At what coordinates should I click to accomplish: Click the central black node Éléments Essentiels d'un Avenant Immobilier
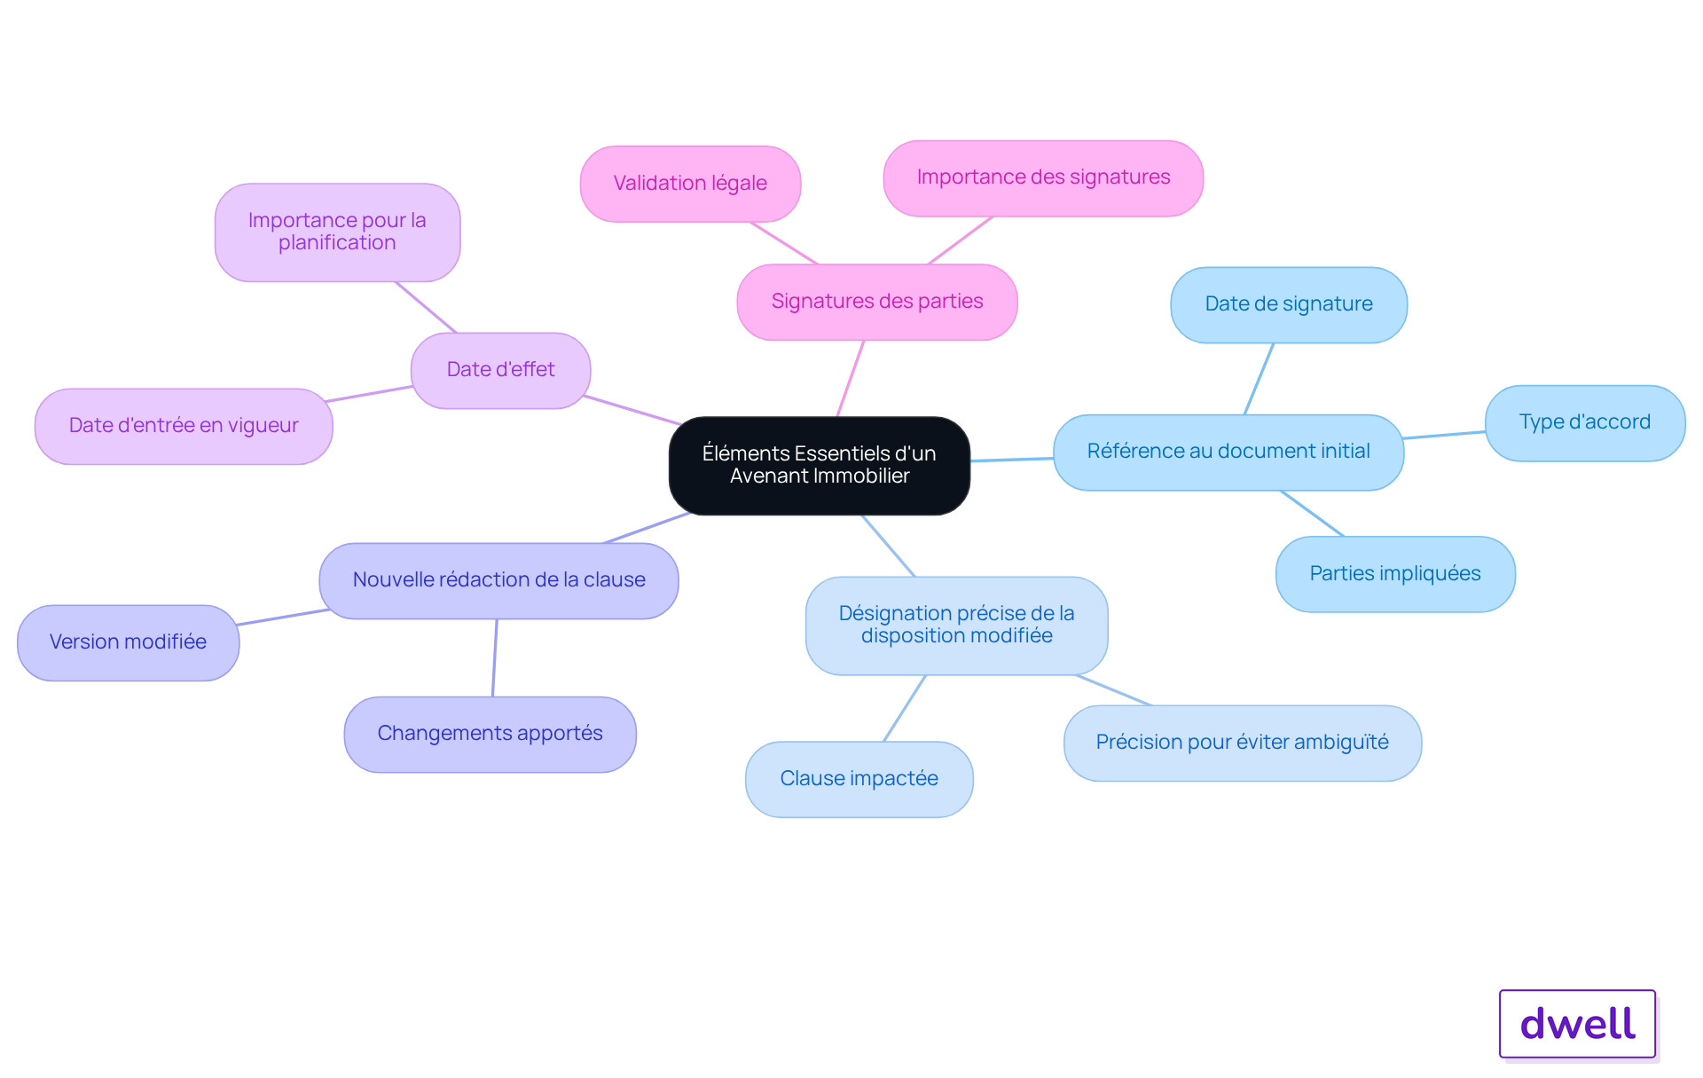pos(820,465)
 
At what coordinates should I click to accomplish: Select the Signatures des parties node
pos(877,302)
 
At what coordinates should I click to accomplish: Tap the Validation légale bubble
pos(690,184)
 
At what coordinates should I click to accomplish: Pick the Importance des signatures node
pos(1043,177)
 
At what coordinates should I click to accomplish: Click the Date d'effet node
pos(500,370)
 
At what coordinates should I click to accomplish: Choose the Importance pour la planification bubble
pos(337,232)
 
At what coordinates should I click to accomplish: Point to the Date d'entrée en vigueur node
pos(184,426)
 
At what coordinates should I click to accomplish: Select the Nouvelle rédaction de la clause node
pos(498,580)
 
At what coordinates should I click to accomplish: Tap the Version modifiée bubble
pos(128,642)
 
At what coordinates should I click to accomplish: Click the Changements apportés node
pos(490,734)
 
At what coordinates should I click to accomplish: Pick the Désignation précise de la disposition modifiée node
pos(956,626)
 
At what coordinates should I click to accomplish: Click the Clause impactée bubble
pos(859,779)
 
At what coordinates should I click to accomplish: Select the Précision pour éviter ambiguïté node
pos(1242,743)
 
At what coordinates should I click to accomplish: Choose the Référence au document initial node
pos(1228,452)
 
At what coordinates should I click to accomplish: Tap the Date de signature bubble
pos(1289,304)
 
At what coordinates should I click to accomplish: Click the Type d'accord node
pos(1585,422)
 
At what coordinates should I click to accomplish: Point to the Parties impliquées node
pos(1395,574)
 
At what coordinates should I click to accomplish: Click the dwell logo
pos(1578,1024)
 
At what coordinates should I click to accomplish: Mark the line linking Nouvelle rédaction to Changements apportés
pos(495,657)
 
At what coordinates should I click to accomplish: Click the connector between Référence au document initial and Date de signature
pos(1259,379)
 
